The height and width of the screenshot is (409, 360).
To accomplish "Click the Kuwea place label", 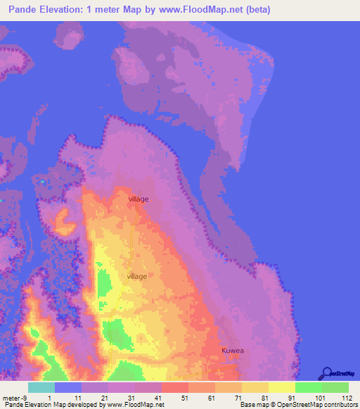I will [233, 349].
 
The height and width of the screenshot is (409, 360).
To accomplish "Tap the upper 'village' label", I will [139, 200].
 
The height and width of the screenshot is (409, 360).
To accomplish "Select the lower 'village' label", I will [137, 276].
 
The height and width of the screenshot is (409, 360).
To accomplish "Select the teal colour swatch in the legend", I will [41, 387].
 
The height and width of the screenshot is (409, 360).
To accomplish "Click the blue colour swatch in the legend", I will [68, 387].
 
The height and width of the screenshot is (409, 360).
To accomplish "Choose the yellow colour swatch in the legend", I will [282, 387].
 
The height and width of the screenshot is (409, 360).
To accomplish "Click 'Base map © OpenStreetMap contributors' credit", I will [298, 405].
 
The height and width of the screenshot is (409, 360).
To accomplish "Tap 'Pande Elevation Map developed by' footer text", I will [51, 405].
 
